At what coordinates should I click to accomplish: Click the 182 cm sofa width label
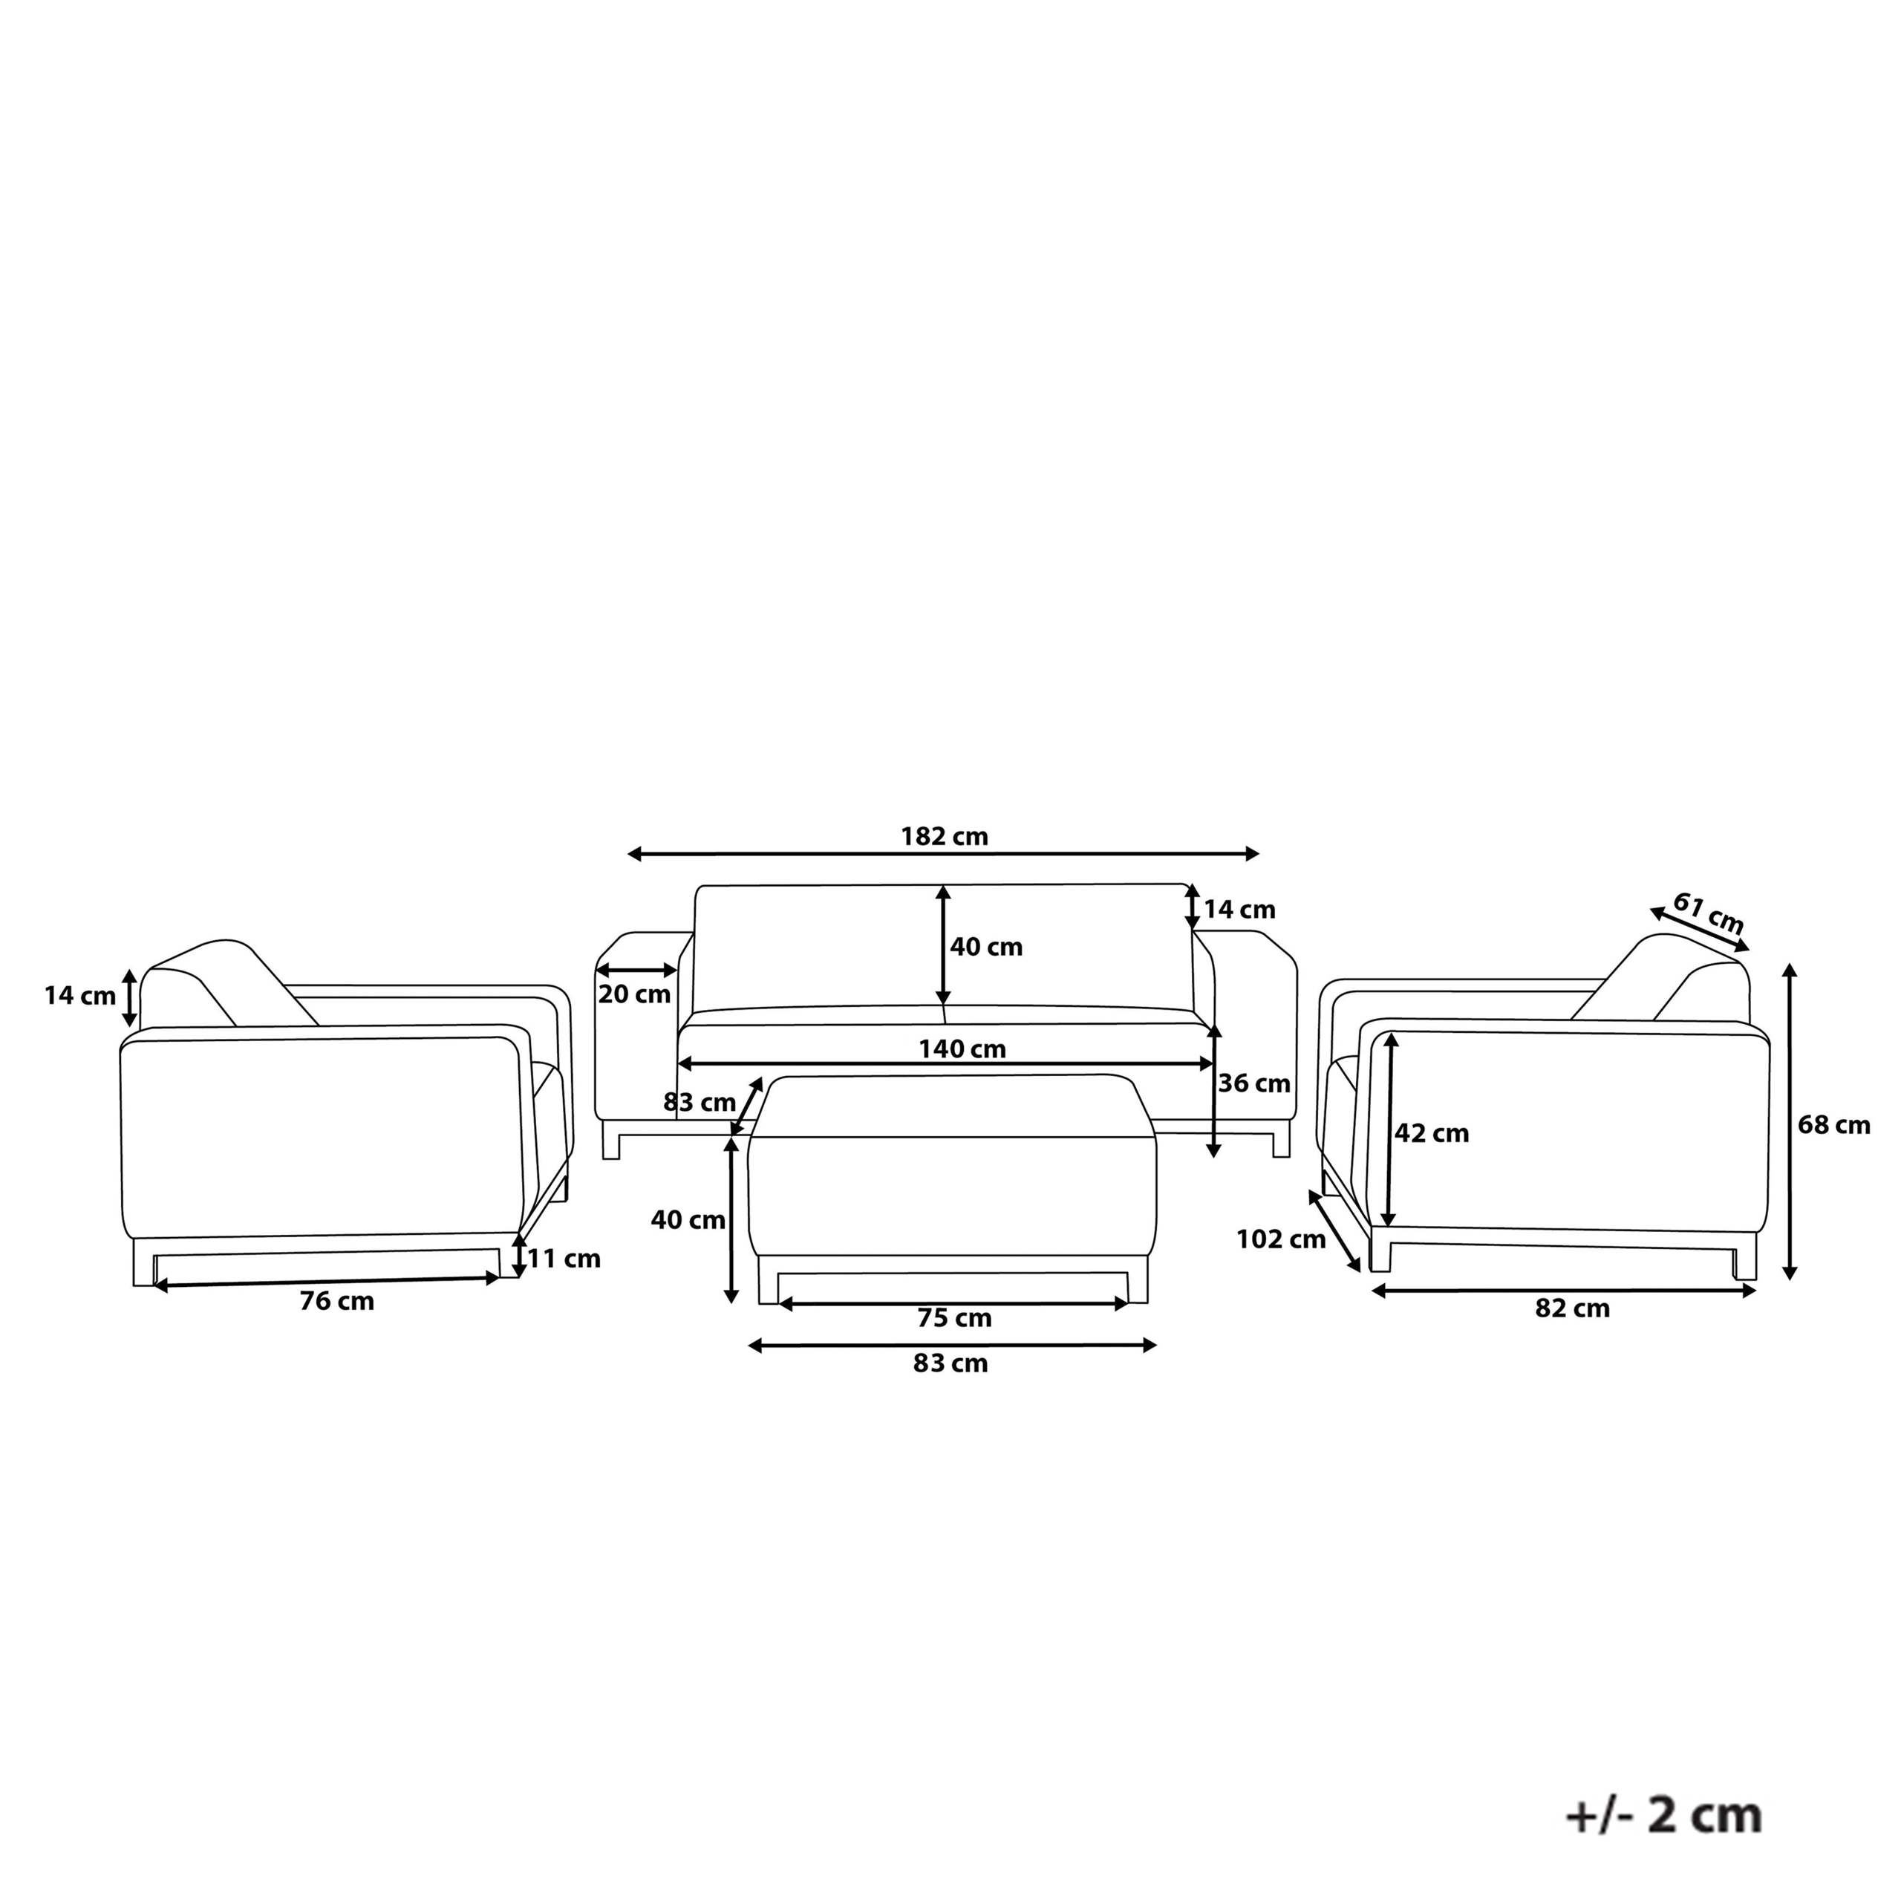tap(944, 836)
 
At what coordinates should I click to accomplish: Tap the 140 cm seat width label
tap(962, 1049)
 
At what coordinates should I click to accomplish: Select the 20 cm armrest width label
tap(635, 994)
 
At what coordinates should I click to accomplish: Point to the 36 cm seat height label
tap(1253, 1083)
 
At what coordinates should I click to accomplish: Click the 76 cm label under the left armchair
tap(336, 1301)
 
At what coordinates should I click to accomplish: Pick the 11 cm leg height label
tap(564, 1259)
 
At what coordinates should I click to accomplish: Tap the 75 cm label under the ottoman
tap(954, 1317)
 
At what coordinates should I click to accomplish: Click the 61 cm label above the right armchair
tap(1708, 913)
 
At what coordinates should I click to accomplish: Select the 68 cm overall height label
tap(1834, 1125)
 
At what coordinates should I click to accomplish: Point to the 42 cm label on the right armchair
tap(1432, 1133)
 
